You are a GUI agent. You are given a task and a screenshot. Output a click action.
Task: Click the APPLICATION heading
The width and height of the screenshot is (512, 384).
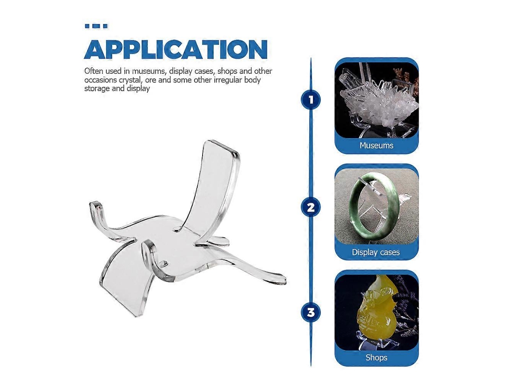point(176,49)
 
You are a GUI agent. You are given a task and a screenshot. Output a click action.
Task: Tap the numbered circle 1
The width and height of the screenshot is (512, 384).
point(310,100)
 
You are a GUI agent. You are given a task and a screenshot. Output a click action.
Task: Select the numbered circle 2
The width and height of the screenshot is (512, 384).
point(310,207)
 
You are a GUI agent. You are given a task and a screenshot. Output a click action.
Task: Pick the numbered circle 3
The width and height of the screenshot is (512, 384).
point(310,313)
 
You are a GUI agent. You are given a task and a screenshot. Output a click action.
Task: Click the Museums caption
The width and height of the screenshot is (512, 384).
point(376,146)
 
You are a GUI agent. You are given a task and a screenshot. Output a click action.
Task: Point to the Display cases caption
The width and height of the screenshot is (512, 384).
point(376,252)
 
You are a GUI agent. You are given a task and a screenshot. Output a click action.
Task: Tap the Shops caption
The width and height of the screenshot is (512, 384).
point(376,358)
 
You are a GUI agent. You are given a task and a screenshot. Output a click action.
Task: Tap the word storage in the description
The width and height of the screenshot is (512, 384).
point(97,88)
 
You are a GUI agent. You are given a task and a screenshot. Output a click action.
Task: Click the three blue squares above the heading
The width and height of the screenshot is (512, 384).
point(96,26)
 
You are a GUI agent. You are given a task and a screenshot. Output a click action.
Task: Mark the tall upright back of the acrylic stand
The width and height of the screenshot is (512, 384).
point(209,183)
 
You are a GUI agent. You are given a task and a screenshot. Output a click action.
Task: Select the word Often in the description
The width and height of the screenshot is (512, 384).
point(94,71)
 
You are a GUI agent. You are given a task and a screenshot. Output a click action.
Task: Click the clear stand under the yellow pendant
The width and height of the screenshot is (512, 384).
point(375,343)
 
